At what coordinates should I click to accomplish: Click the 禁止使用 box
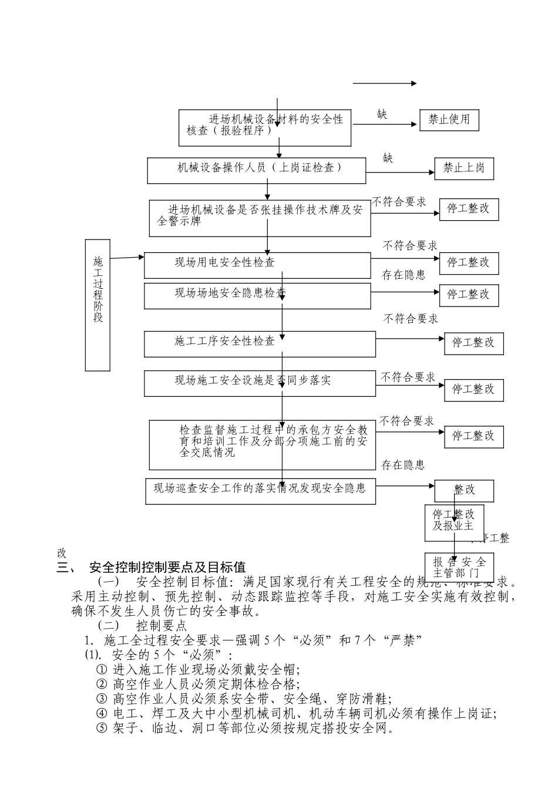click(x=449, y=120)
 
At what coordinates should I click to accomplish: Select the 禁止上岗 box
click(x=463, y=168)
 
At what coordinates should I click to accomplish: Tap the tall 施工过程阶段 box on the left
click(x=98, y=305)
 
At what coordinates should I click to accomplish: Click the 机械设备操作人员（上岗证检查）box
click(x=256, y=170)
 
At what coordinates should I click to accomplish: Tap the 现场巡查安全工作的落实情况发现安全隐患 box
click(x=260, y=491)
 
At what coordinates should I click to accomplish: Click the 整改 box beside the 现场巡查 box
click(x=464, y=490)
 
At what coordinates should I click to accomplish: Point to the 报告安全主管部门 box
click(x=459, y=567)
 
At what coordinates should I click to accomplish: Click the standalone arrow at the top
click(x=384, y=83)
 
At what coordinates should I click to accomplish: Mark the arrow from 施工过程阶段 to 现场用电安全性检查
click(x=127, y=257)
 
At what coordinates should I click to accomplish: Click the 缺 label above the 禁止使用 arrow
click(x=382, y=114)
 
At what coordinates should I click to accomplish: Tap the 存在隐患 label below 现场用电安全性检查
click(x=404, y=275)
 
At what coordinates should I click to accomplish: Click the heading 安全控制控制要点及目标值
click(x=167, y=568)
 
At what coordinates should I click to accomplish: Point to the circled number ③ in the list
click(x=102, y=699)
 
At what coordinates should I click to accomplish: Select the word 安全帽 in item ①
click(x=278, y=669)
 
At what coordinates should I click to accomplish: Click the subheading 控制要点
click(x=161, y=625)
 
